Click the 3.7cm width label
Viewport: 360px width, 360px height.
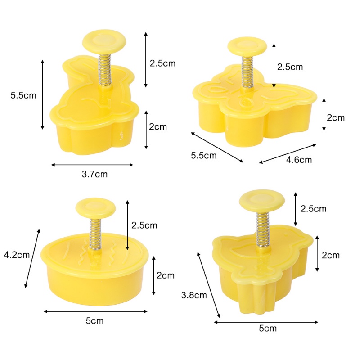(x=94, y=174)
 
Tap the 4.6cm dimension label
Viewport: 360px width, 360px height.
(x=299, y=160)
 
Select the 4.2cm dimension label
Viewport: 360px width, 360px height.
(x=17, y=255)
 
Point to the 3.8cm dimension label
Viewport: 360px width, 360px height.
(x=194, y=295)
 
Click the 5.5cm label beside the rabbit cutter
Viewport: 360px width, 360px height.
(x=23, y=95)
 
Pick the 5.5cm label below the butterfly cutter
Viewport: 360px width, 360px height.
(x=204, y=156)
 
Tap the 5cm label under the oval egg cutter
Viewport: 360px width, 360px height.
(x=94, y=321)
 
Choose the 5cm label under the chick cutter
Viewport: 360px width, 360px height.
(x=268, y=328)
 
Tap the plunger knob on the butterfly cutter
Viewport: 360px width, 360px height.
(x=247, y=47)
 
